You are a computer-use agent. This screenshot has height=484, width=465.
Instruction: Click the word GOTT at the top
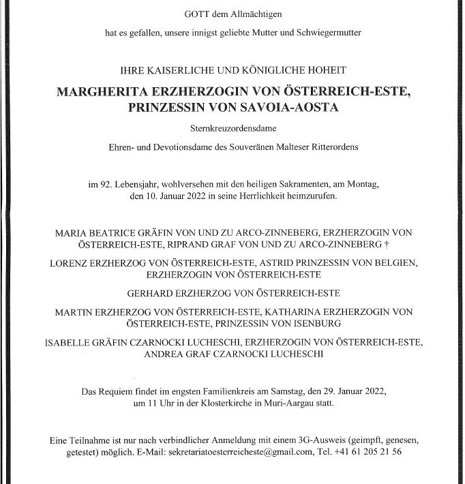(x=194, y=14)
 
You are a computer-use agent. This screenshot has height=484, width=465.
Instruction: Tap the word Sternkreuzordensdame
(x=232, y=129)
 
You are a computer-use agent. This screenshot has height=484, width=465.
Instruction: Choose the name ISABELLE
(x=70, y=342)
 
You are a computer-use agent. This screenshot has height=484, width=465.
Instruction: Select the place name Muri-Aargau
(x=325, y=404)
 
